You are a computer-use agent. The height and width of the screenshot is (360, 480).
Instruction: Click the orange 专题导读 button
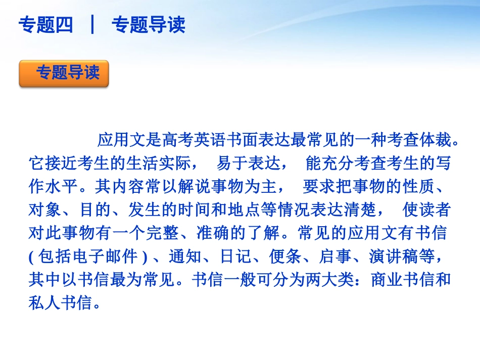(x=64, y=74)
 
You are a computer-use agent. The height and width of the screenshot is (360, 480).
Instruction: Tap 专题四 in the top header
(x=45, y=24)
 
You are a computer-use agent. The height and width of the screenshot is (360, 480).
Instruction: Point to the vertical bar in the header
(x=92, y=24)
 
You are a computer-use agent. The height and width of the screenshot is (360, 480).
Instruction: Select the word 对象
(x=45, y=210)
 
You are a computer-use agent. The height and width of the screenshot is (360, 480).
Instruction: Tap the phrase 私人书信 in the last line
(x=61, y=303)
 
